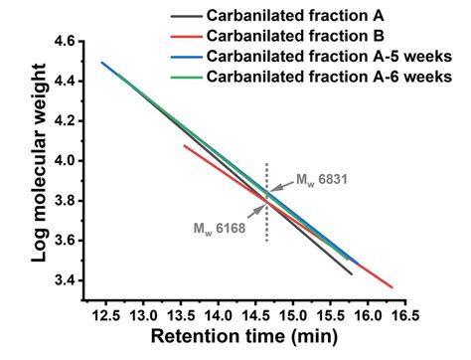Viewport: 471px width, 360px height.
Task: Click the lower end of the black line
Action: click(351, 273)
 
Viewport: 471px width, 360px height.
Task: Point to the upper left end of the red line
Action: click(184, 145)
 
